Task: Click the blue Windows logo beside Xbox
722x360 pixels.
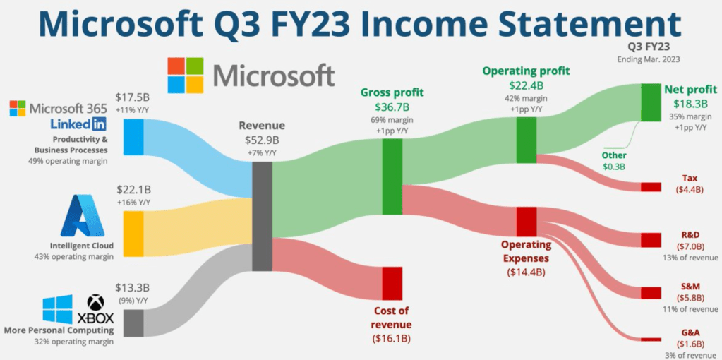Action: [57, 309]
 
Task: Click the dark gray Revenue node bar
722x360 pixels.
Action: [262, 216]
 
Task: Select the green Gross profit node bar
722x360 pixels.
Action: [392, 176]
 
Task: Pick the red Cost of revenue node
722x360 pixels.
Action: [392, 283]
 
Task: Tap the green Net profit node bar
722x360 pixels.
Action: [651, 102]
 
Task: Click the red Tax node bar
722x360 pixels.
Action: [651, 187]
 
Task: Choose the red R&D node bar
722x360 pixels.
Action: [651, 240]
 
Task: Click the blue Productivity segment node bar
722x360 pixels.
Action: [134, 137]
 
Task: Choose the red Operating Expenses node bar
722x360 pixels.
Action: [527, 221]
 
